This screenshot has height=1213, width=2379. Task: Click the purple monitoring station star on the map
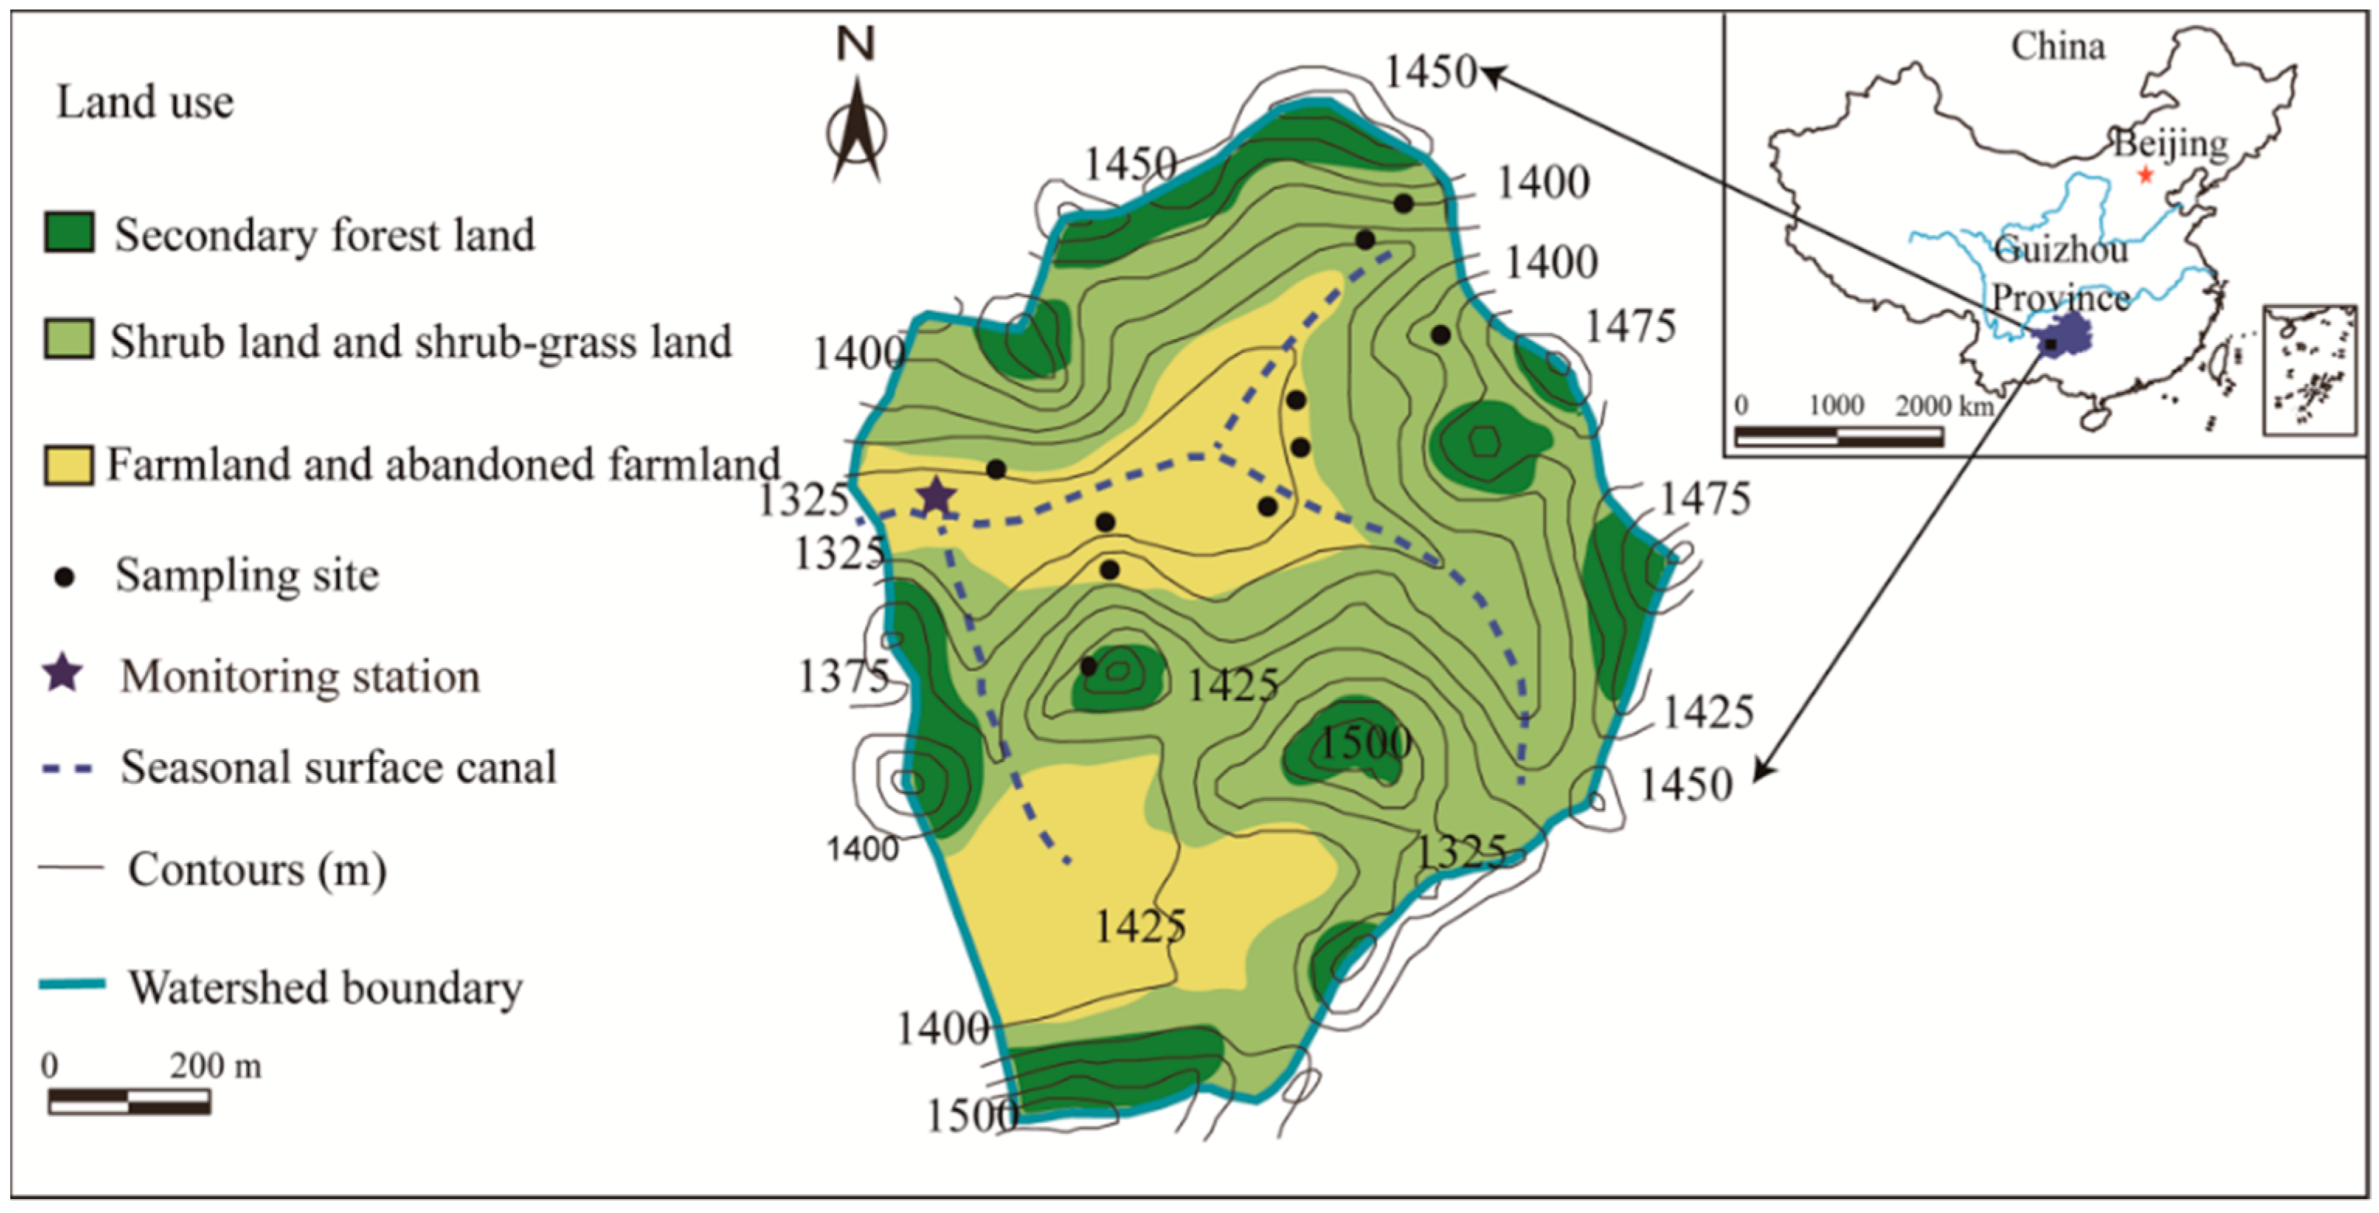935,497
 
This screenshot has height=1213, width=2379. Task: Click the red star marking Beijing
2146,175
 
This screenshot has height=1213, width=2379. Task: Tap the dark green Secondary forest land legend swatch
69,233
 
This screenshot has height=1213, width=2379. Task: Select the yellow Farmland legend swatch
69,465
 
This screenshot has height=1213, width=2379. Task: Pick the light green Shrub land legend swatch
69,340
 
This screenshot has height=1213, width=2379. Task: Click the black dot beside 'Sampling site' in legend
64,577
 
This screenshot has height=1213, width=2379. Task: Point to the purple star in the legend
63,674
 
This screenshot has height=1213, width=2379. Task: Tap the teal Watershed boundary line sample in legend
71,985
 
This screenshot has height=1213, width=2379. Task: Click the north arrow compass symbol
856,130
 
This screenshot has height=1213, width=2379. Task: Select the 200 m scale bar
130,1101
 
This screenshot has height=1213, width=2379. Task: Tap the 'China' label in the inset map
2058,47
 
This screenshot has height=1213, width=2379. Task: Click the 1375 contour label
842,678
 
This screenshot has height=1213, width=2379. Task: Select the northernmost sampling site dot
1403,203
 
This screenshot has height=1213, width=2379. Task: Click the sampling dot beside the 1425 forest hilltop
1089,666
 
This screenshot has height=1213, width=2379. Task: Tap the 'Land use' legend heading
145,102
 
